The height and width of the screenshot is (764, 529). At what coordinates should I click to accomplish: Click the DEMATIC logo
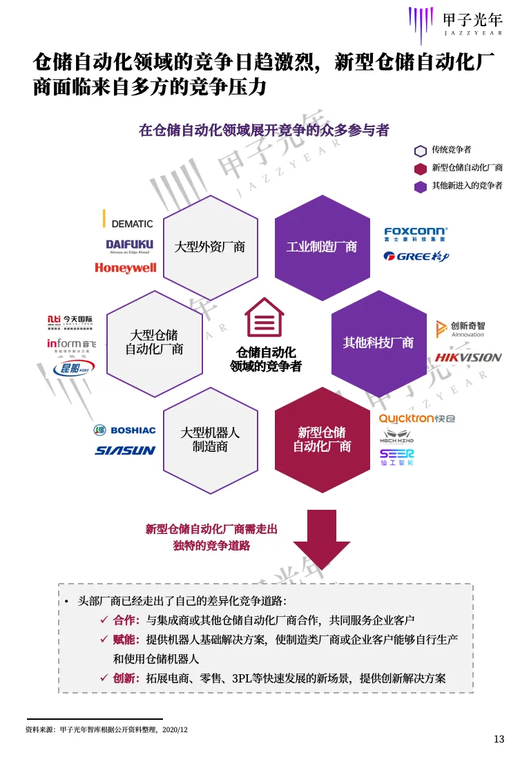coord(128,222)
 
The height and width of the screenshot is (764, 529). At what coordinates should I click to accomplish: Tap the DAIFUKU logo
coord(130,246)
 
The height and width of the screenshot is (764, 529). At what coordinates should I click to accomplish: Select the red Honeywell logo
coord(126,268)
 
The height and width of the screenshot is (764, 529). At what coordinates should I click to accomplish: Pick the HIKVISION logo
coord(468,357)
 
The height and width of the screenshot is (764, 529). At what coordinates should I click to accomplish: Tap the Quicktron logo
coord(416,419)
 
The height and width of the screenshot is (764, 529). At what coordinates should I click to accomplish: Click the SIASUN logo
coord(125,451)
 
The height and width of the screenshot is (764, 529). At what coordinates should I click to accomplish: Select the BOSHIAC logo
coord(125,430)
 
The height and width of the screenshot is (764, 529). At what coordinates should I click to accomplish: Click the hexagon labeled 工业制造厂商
coord(322,247)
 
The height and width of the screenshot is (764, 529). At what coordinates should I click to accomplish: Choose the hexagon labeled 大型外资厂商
coord(209,247)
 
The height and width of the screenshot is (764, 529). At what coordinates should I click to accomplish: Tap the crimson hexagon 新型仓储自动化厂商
coord(322,440)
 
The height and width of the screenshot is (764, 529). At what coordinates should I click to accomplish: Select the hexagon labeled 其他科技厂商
coord(378,343)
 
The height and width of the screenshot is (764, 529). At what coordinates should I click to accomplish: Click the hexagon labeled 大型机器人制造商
coord(209,440)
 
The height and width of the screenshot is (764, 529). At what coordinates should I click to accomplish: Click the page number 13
coord(499,739)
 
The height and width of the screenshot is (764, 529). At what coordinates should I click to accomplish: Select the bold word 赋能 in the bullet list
coord(126,640)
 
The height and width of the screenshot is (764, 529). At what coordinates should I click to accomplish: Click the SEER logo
coord(396,456)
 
